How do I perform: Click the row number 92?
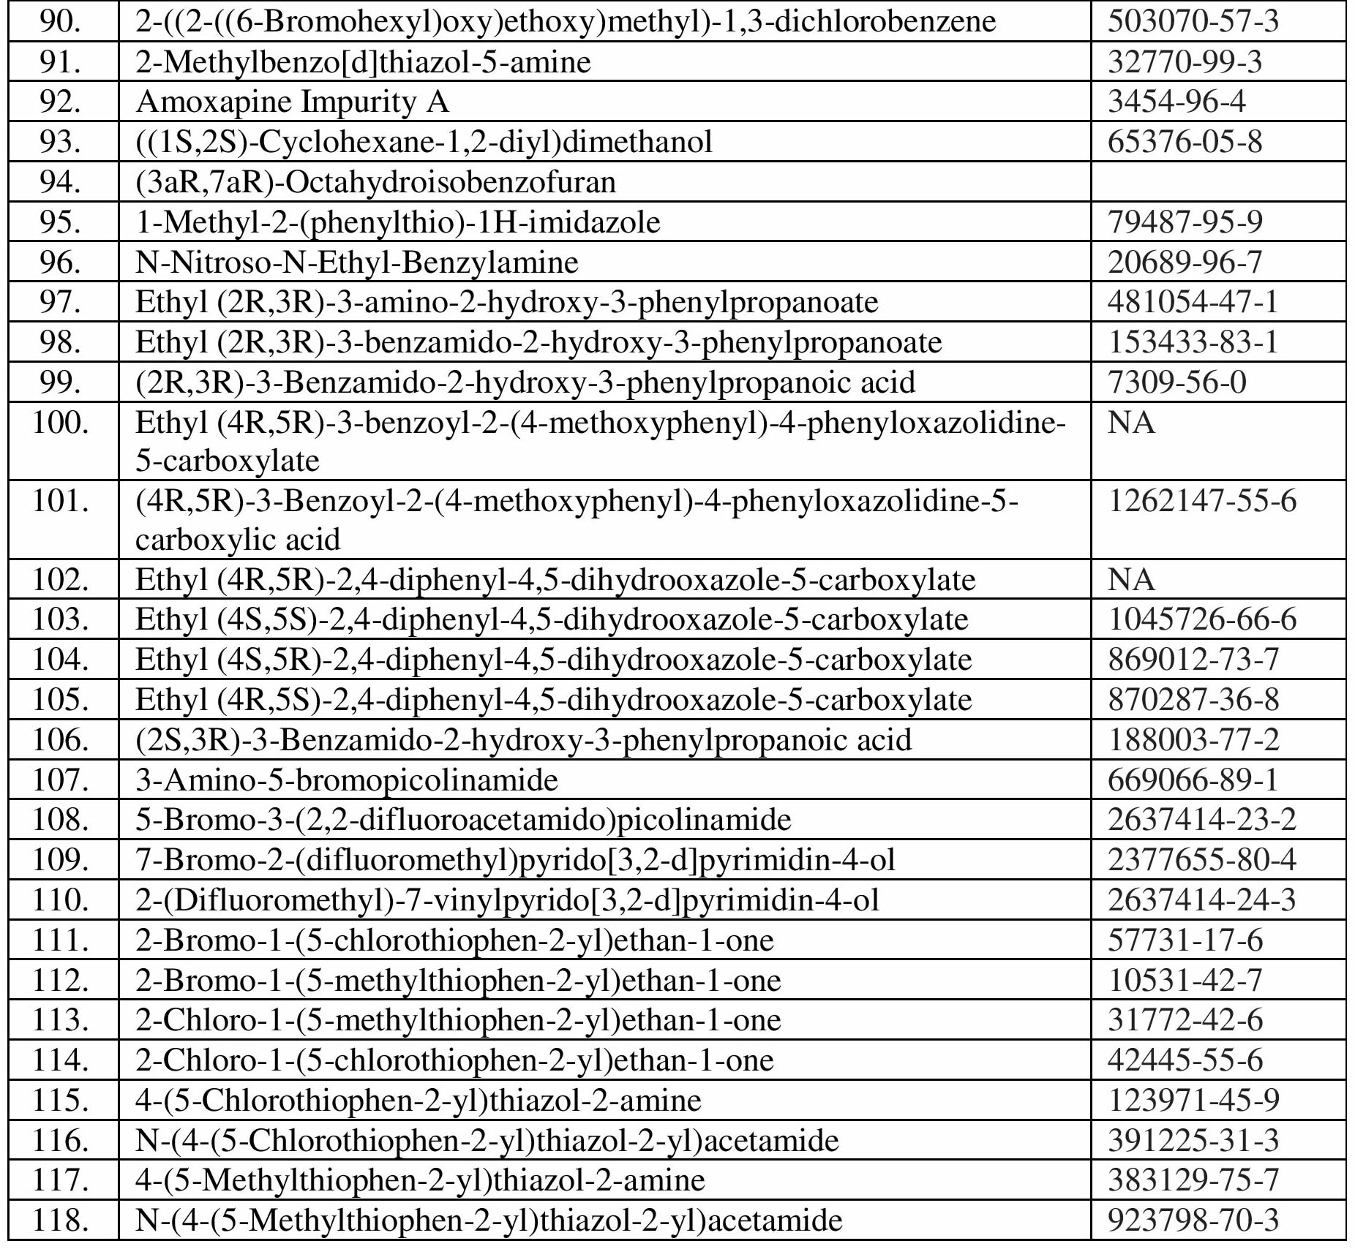coord(60,102)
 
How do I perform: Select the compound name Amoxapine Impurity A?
coord(292,102)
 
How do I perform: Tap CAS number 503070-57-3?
coord(1193,21)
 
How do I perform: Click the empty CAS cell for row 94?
coord(1217,181)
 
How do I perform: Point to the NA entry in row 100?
coord(1131,423)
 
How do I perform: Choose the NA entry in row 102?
coord(1131,580)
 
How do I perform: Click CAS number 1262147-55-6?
coord(1201,501)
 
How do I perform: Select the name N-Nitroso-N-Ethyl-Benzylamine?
coord(357,262)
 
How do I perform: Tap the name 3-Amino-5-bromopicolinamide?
coord(347,780)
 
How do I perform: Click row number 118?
coord(60,1220)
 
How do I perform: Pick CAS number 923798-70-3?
coord(1193,1220)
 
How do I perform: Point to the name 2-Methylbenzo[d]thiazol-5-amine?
coord(363,62)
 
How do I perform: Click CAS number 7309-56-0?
coord(1176,382)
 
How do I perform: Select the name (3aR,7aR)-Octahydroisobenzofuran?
coord(375,181)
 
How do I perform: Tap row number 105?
coord(60,700)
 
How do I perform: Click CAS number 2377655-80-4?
coord(1201,860)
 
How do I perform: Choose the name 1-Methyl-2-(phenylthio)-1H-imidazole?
coord(398,222)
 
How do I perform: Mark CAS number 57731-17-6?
coord(1185,940)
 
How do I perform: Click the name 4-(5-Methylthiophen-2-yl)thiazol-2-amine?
coord(420,1180)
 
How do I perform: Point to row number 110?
coord(60,900)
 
